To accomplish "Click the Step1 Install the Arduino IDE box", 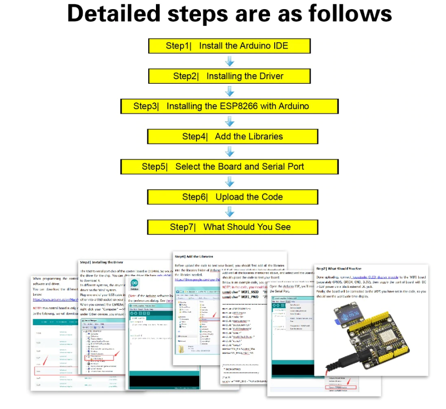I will pyautogui.click(x=230, y=46).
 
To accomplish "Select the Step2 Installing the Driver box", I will pyautogui.click(x=230, y=76).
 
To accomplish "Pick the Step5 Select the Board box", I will pyautogui.click(x=230, y=167).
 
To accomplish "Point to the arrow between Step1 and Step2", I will pyautogui.click(x=230, y=61).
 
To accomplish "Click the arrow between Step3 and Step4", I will pyautogui.click(x=230, y=122).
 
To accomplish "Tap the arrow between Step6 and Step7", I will pyautogui.click(x=230, y=212).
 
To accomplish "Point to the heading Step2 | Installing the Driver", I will pyautogui.click(x=101, y=262).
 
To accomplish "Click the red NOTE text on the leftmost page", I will pyautogui.click(x=38, y=308).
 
